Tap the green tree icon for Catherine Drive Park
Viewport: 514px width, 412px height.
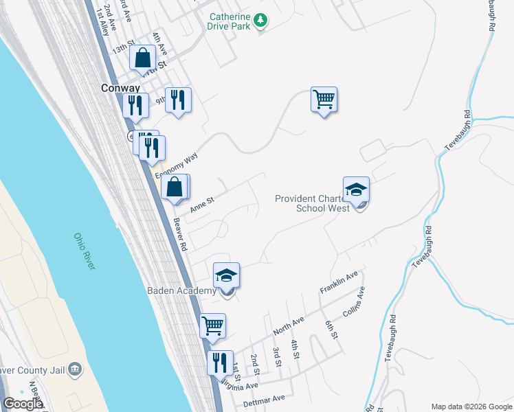(x=260, y=21)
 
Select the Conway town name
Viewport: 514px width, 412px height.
(x=120, y=89)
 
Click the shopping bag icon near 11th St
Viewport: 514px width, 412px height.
(x=143, y=58)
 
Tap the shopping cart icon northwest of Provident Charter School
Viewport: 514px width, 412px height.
(x=324, y=100)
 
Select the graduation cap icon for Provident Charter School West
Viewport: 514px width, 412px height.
(x=357, y=190)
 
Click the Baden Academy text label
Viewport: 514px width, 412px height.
(x=181, y=291)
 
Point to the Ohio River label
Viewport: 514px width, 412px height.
(x=85, y=251)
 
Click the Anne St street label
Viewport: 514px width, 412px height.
(x=202, y=204)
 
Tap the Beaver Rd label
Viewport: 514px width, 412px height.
(x=180, y=234)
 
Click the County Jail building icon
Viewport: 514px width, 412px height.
(x=76, y=370)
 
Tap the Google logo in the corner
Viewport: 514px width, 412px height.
(x=23, y=404)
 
